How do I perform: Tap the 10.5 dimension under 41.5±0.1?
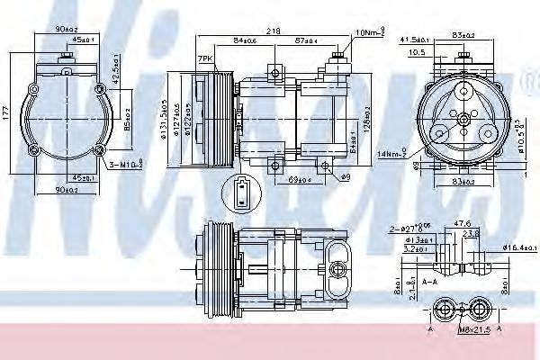(416, 52)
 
